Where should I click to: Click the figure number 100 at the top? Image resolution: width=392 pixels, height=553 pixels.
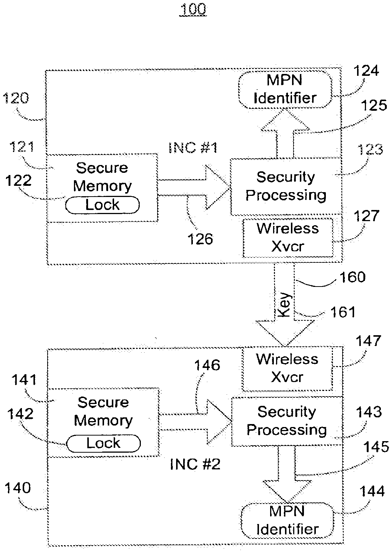click(193, 9)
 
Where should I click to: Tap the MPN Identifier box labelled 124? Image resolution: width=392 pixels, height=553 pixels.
click(285, 89)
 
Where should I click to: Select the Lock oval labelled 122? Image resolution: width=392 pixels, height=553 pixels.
click(102, 205)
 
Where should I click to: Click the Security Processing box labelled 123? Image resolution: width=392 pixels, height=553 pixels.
click(285, 186)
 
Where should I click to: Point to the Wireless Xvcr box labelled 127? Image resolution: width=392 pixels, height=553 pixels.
click(288, 237)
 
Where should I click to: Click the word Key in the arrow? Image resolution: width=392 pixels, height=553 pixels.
click(284, 306)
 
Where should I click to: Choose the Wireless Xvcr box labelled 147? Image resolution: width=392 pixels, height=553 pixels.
click(287, 368)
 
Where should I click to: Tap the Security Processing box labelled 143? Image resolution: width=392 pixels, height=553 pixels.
click(286, 421)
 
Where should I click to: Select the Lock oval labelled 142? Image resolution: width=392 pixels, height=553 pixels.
click(103, 443)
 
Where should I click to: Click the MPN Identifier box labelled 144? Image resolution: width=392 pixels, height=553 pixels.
click(287, 520)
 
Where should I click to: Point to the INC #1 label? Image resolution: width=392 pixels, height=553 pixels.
click(192, 148)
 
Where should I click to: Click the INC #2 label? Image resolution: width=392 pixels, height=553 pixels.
click(195, 464)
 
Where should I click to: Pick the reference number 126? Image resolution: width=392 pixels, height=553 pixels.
click(200, 239)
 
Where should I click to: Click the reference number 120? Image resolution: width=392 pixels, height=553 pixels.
click(15, 98)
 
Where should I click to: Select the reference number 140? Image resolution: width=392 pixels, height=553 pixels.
click(17, 488)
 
